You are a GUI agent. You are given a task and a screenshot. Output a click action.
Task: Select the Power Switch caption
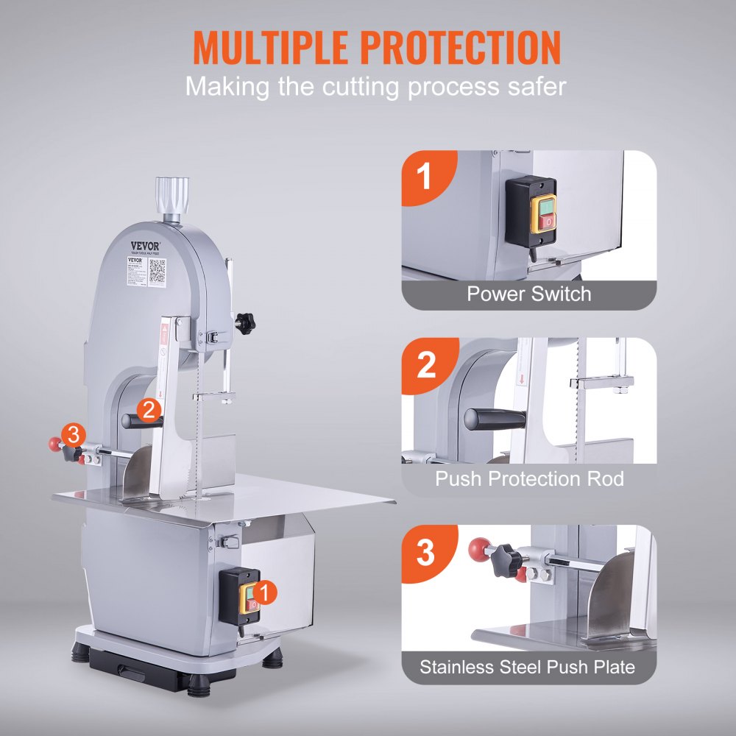tap(528, 294)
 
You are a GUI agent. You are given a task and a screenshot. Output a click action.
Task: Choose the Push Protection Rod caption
tap(528, 479)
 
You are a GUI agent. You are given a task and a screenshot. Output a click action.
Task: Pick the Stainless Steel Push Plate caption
tap(527, 668)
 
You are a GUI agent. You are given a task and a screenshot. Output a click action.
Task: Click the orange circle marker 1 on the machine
tap(268, 590)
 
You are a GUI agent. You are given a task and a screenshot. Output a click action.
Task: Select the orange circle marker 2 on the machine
tap(149, 410)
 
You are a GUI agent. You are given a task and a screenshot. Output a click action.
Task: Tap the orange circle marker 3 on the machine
tap(73, 435)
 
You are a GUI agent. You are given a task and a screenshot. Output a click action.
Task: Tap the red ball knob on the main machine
tap(54, 443)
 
